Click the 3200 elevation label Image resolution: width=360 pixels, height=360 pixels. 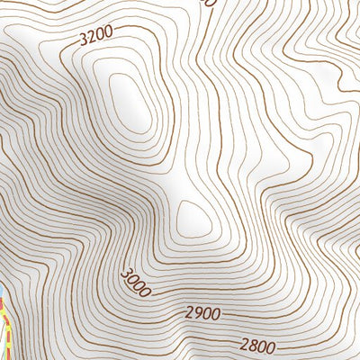[96, 37]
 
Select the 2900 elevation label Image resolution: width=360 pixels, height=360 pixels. [203, 314]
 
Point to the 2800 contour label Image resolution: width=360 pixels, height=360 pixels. [259, 345]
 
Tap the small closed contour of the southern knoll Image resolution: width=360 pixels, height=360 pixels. [193, 217]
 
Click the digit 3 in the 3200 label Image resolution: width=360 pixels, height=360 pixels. [84, 40]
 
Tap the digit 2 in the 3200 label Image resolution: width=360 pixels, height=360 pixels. [92, 38]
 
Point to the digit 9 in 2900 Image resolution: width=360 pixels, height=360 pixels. [198, 314]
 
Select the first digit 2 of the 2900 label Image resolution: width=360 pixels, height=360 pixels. [190, 313]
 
